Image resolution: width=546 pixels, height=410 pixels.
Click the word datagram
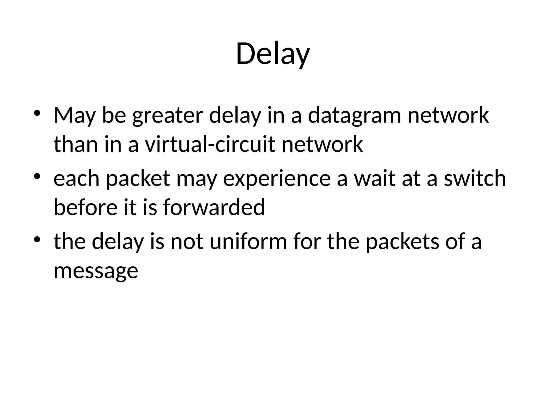click(x=354, y=116)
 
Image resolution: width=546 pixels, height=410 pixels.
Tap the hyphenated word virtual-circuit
click(x=210, y=144)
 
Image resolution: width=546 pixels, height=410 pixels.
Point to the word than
click(x=76, y=144)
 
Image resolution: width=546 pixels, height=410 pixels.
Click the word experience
click(x=277, y=179)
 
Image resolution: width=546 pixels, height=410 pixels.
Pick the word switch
click(x=475, y=179)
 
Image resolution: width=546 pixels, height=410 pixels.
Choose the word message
click(x=96, y=271)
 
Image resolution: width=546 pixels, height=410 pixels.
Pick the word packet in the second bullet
click(x=138, y=179)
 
